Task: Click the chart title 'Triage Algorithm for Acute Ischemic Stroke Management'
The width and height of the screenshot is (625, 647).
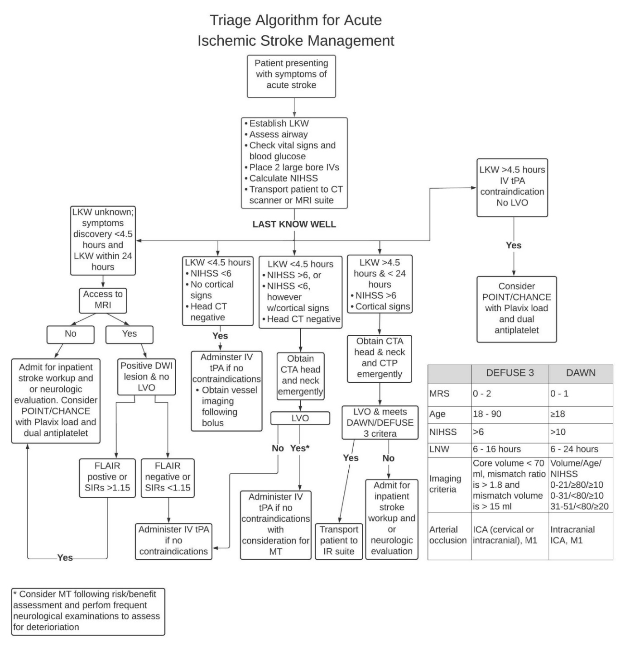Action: (296, 30)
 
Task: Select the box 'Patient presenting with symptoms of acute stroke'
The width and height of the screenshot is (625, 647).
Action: (291, 76)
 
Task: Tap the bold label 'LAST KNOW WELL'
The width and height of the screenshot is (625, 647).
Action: (294, 224)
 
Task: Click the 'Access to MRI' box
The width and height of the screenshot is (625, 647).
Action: (103, 300)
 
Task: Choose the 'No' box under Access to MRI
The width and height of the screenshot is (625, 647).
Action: (70, 334)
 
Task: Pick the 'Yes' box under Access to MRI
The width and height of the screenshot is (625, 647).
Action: (129, 334)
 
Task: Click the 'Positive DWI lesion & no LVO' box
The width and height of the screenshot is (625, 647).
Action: (146, 376)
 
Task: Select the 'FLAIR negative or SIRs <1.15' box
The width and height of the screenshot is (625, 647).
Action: (168, 477)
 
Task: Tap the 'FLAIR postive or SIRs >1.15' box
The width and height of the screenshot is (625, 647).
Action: (107, 477)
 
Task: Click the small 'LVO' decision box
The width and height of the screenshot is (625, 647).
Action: (300, 418)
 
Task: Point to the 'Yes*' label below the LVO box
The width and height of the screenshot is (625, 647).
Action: (300, 448)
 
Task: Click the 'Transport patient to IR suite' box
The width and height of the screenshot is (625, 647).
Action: (339, 541)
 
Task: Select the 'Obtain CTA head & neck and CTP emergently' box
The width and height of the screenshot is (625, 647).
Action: (379, 358)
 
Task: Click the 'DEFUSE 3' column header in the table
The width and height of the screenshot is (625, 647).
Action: (510, 373)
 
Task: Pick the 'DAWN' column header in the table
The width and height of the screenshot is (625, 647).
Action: (581, 373)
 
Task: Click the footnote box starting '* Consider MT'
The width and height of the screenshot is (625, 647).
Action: (88, 611)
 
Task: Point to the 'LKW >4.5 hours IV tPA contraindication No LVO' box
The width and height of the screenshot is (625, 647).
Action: (512, 187)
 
